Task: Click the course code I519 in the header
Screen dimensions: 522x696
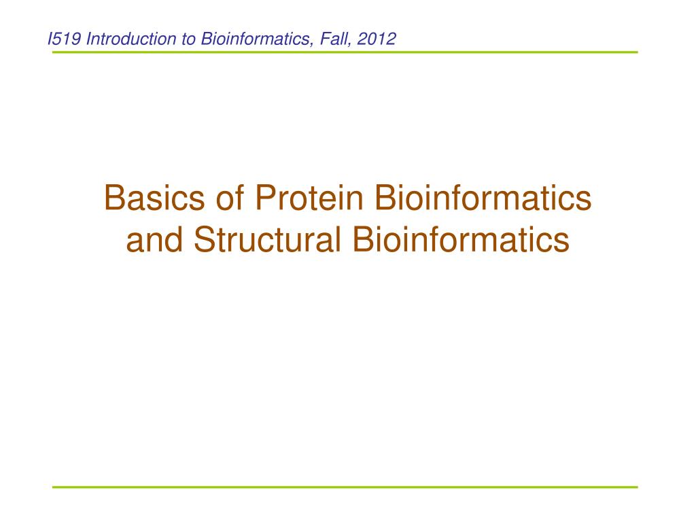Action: [65, 39]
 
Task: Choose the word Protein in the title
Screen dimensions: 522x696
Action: [304, 198]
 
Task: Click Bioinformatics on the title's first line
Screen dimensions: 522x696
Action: [478, 198]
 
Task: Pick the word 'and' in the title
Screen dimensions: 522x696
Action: [155, 240]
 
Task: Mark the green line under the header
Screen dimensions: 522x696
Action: [345, 52]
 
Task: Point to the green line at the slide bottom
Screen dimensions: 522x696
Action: [345, 487]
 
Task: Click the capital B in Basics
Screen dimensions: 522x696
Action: [113, 198]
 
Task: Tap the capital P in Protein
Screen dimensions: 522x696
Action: [263, 198]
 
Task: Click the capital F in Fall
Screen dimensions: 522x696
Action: [317, 39]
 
